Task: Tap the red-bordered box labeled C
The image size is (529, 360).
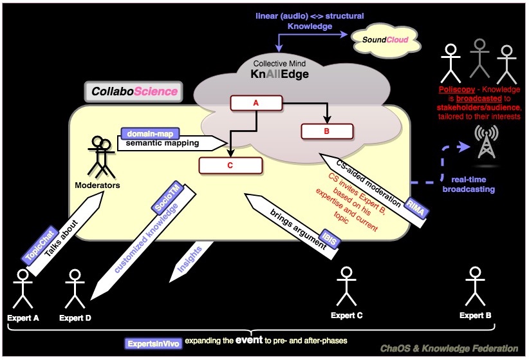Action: (230, 165)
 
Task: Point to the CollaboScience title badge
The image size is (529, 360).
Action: (134, 91)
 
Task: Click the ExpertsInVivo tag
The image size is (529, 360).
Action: (153, 342)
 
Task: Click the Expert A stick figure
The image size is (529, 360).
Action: (23, 289)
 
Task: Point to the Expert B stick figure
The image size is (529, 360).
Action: (475, 289)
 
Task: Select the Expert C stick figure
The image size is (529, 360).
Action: (347, 288)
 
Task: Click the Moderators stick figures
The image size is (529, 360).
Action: (100, 156)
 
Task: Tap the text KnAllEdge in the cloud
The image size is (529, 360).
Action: (280, 75)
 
